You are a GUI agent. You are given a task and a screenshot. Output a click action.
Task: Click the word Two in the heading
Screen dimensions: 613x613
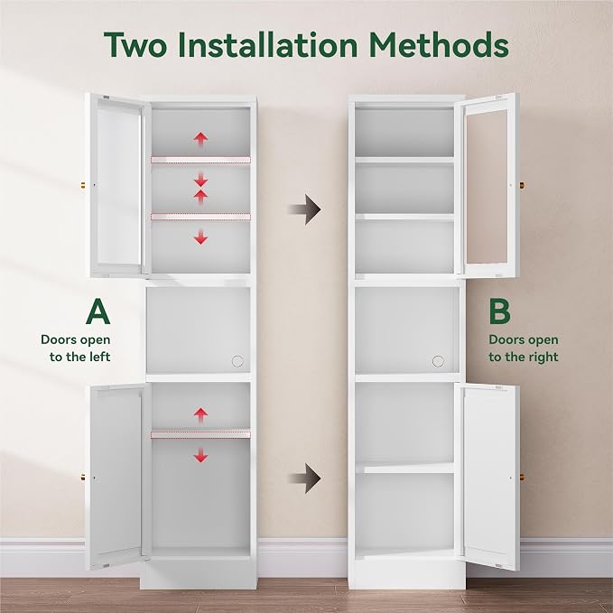[x=135, y=44]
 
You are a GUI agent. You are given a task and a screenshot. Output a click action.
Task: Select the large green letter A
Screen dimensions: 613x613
[x=98, y=311]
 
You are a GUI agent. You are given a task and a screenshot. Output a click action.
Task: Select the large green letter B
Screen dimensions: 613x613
[x=499, y=311]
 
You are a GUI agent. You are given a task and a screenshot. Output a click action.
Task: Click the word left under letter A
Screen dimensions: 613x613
[x=100, y=357]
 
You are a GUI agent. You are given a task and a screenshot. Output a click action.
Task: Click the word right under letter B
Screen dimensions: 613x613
[x=544, y=358]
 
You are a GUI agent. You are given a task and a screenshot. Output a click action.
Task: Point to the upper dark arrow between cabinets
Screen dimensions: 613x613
[x=305, y=209]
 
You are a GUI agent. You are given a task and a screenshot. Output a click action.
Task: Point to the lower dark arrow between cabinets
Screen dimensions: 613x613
[x=305, y=478]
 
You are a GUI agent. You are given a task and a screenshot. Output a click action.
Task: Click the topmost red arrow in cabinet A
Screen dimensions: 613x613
[x=200, y=139]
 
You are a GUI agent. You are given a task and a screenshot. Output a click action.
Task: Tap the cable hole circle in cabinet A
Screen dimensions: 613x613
[x=237, y=361]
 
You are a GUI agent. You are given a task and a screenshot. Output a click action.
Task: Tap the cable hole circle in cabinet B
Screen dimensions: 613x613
[x=438, y=361]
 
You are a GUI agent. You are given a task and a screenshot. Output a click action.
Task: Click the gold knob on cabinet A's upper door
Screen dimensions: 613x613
[x=83, y=184]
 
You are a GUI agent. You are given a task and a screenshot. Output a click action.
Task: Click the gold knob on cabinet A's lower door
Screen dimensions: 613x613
[x=83, y=478]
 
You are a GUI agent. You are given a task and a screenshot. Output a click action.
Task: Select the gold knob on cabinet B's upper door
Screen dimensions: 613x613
[x=522, y=184]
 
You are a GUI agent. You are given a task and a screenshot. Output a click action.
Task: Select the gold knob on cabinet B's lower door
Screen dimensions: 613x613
[x=522, y=478]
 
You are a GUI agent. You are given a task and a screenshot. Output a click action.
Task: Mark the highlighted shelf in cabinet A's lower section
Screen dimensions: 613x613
[x=200, y=435]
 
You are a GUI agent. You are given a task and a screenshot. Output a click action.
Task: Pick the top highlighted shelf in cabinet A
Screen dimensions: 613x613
[x=200, y=160]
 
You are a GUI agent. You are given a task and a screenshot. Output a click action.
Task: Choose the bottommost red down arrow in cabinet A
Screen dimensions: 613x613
[x=200, y=456]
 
